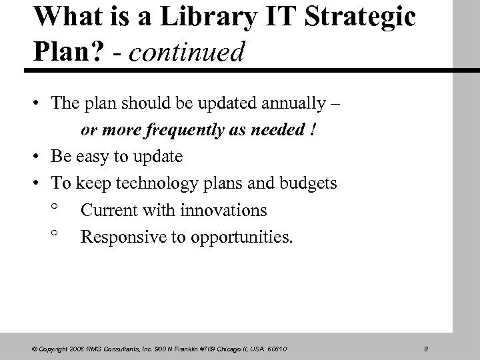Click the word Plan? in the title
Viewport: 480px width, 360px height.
point(62,52)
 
